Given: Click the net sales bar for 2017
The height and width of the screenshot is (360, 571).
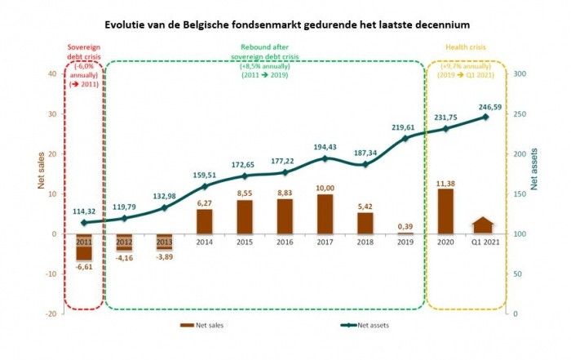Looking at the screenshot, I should click(x=325, y=214).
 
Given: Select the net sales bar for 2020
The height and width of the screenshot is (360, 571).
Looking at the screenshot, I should click(x=445, y=211).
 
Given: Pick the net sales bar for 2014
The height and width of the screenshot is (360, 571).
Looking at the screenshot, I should click(x=205, y=221).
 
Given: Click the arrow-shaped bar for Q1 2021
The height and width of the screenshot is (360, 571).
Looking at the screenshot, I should click(x=485, y=225).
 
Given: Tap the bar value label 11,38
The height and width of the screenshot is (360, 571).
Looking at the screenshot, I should click(x=445, y=182).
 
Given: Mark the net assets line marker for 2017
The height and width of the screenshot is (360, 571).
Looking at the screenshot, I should click(x=325, y=158).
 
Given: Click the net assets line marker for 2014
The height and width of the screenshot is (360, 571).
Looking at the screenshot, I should click(x=205, y=186).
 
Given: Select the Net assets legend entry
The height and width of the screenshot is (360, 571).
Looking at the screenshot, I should click(x=359, y=325).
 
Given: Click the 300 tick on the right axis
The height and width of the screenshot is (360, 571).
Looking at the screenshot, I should click(x=519, y=73).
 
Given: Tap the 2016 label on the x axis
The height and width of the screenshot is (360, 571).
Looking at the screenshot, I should click(x=285, y=242).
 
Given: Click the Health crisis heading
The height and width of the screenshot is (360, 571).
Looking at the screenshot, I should click(x=467, y=47).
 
